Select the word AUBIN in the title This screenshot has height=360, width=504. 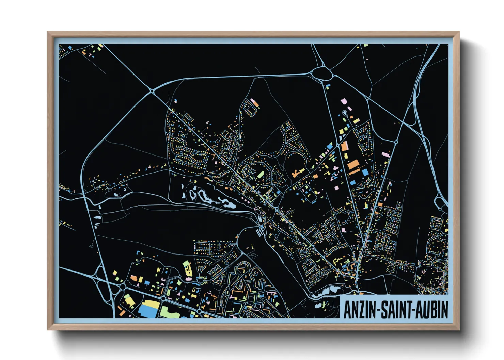[431, 310]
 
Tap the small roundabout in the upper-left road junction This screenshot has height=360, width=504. [151, 91]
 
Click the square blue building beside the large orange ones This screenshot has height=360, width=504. [365, 172]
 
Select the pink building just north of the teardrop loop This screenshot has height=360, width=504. [343, 101]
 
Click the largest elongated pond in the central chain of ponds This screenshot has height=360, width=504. [206, 197]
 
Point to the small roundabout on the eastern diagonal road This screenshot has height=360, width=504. [396, 142]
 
